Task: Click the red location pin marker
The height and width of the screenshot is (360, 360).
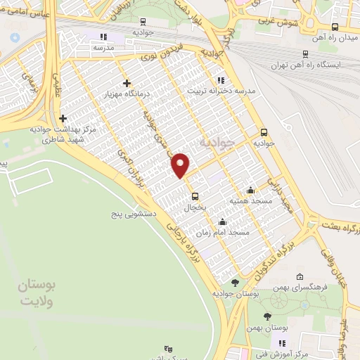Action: coord(181,165)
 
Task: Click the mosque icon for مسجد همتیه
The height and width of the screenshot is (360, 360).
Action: coord(251,190)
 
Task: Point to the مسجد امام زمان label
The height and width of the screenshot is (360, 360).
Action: coord(223,232)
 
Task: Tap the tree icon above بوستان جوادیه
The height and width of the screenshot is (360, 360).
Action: coord(235,282)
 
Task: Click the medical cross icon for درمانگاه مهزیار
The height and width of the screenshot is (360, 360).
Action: coord(127,83)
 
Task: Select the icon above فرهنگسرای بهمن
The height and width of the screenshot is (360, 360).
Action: coord(301,276)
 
